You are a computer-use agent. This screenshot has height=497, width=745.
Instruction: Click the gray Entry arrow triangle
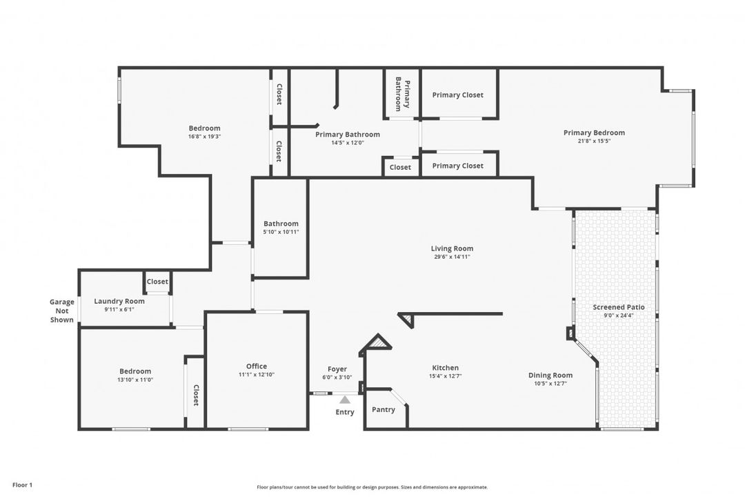coord(345,400)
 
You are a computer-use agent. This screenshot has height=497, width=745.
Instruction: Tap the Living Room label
coord(452,248)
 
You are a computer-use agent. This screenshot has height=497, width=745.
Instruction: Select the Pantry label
coord(384,409)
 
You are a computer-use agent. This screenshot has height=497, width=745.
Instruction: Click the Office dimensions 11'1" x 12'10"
coord(257,375)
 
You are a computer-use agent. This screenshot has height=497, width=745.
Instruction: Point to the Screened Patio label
coord(619,307)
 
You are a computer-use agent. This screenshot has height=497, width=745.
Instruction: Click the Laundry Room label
coord(119,301)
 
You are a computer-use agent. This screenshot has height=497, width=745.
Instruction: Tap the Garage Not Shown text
coord(62,311)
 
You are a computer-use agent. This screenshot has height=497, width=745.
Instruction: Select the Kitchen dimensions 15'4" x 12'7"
coord(445,376)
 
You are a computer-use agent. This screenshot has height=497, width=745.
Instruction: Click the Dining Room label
coord(550,376)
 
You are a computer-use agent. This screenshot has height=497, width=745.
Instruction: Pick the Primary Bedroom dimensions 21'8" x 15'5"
coord(594,142)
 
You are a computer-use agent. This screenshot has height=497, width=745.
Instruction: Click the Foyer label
coord(337,369)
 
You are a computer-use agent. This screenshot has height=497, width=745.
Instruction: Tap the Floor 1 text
coord(22,485)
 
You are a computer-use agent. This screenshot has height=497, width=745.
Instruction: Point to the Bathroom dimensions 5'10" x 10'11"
coord(281,232)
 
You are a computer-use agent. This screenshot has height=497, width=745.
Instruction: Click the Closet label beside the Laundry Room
coord(157,282)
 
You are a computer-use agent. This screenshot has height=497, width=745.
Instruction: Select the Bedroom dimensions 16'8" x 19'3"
coord(204,137)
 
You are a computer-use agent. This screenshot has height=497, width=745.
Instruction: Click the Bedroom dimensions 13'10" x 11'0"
coord(135,380)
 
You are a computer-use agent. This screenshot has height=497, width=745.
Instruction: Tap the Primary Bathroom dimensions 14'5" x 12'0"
coord(347,143)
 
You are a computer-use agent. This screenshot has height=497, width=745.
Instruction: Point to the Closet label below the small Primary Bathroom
coord(400,168)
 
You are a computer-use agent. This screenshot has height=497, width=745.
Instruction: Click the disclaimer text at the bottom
coord(372,487)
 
